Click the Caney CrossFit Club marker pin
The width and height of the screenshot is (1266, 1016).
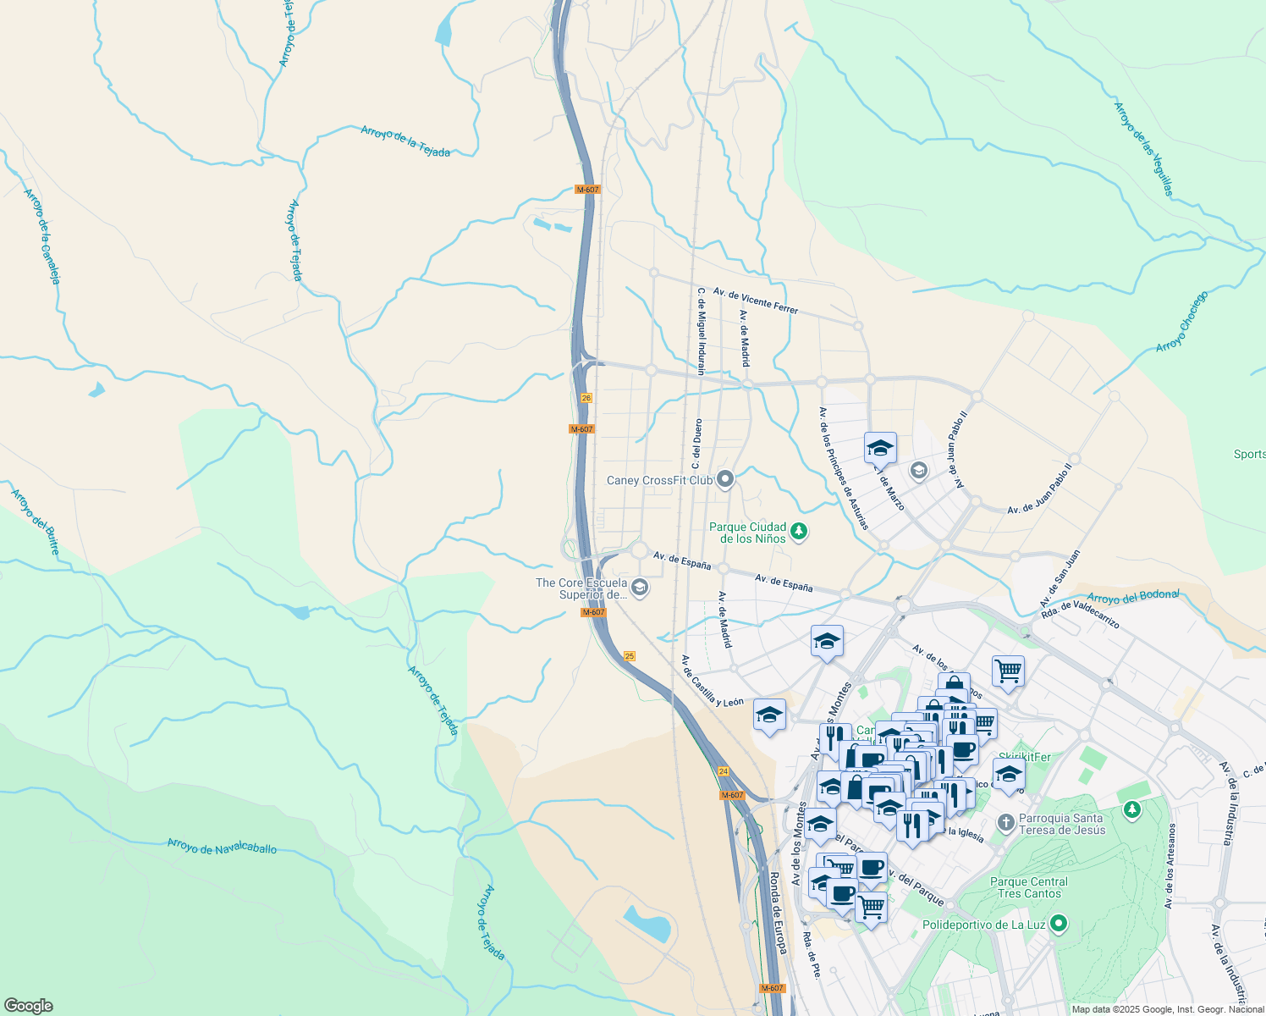pos(724,480)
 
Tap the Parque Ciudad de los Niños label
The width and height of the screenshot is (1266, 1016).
pos(747,533)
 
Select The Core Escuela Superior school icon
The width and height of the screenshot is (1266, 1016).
pos(641,588)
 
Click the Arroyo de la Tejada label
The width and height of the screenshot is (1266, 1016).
pos(405,141)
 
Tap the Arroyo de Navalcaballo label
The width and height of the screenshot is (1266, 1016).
pos(222,846)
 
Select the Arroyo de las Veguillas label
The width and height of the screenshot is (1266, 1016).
pos(1144,149)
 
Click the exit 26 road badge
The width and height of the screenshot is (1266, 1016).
pos(586,397)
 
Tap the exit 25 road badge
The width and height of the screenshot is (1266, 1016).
pos(629,656)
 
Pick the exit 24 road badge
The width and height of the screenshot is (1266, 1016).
pos(723,771)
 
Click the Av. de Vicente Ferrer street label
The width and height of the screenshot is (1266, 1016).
pos(755,301)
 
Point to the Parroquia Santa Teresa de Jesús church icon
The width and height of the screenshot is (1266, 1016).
pos(1005,822)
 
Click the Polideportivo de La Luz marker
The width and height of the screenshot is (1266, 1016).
pos(1058,925)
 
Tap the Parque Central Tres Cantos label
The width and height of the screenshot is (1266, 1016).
pos(1029,887)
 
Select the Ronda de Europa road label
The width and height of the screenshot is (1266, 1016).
pos(778,913)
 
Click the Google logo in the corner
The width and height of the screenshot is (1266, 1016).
pos(28,1006)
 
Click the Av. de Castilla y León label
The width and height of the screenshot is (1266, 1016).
pos(712,681)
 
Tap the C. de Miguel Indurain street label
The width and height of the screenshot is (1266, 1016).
pos(701,331)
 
